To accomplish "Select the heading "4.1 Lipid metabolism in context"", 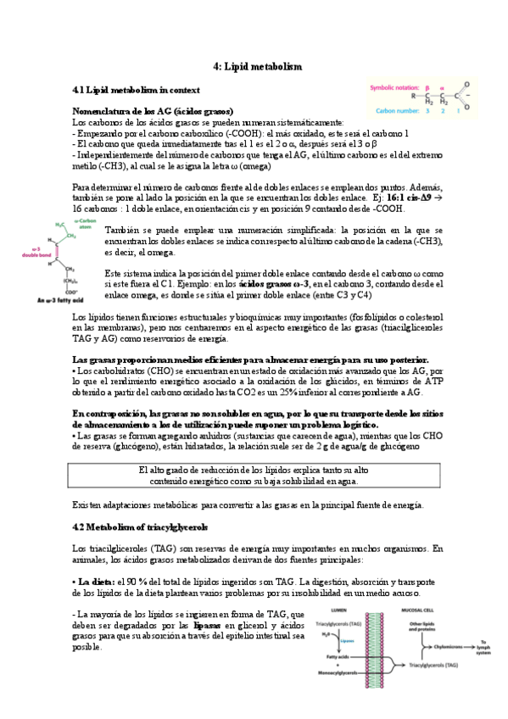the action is [137, 89].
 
